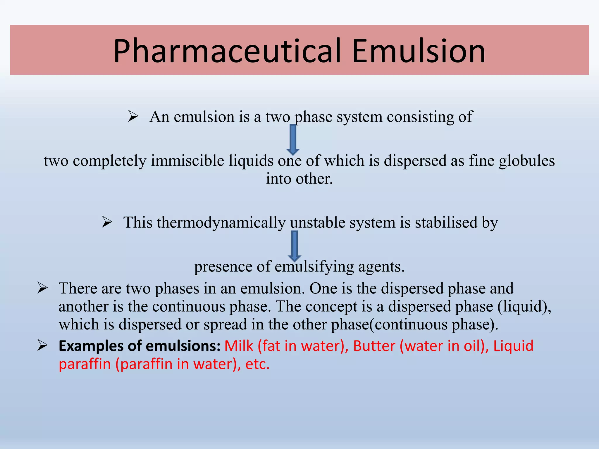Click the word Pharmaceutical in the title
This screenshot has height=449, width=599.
tap(227, 51)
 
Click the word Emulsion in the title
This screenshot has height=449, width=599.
tap(419, 51)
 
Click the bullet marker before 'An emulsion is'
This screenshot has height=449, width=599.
tap(133, 117)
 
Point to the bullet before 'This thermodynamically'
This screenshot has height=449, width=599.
tap(107, 222)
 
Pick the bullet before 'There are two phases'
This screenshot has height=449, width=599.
tap(43, 288)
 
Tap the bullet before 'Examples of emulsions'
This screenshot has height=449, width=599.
tap(43, 346)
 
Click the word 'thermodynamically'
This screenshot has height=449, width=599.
tap(221, 223)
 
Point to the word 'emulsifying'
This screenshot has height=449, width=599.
tap(314, 267)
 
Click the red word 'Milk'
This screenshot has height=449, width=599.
tap(238, 346)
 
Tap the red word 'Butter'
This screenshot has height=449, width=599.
tap(374, 346)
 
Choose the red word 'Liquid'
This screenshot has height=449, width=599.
tap(513, 346)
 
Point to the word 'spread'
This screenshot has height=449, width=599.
tap(226, 325)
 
